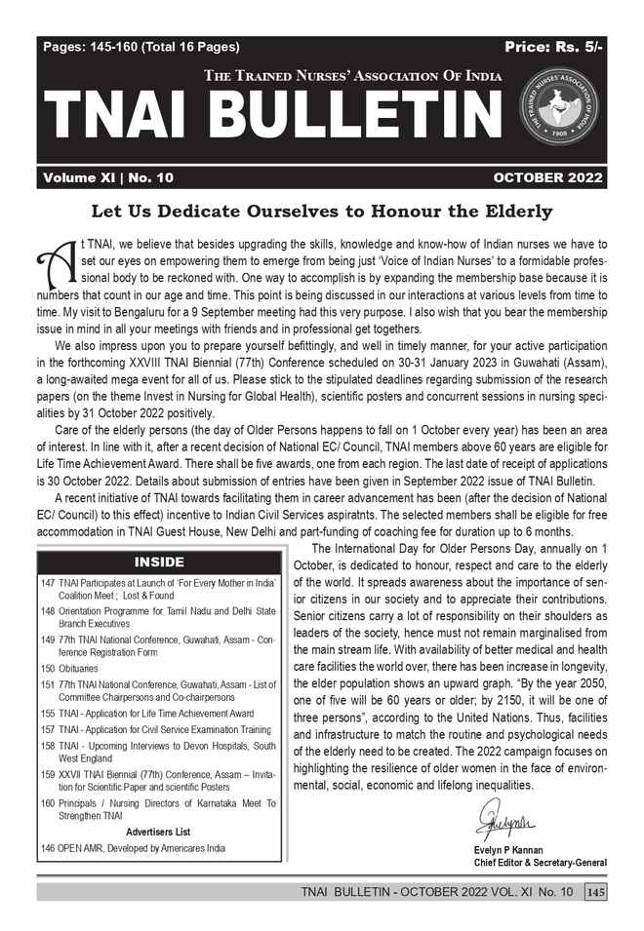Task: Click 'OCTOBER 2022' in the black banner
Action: (x=547, y=177)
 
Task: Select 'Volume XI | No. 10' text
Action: (x=107, y=177)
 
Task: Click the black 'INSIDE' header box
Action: (x=158, y=562)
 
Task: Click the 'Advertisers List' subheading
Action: (x=158, y=832)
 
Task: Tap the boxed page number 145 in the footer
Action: (x=595, y=893)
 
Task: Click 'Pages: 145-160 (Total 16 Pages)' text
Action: (x=141, y=47)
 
